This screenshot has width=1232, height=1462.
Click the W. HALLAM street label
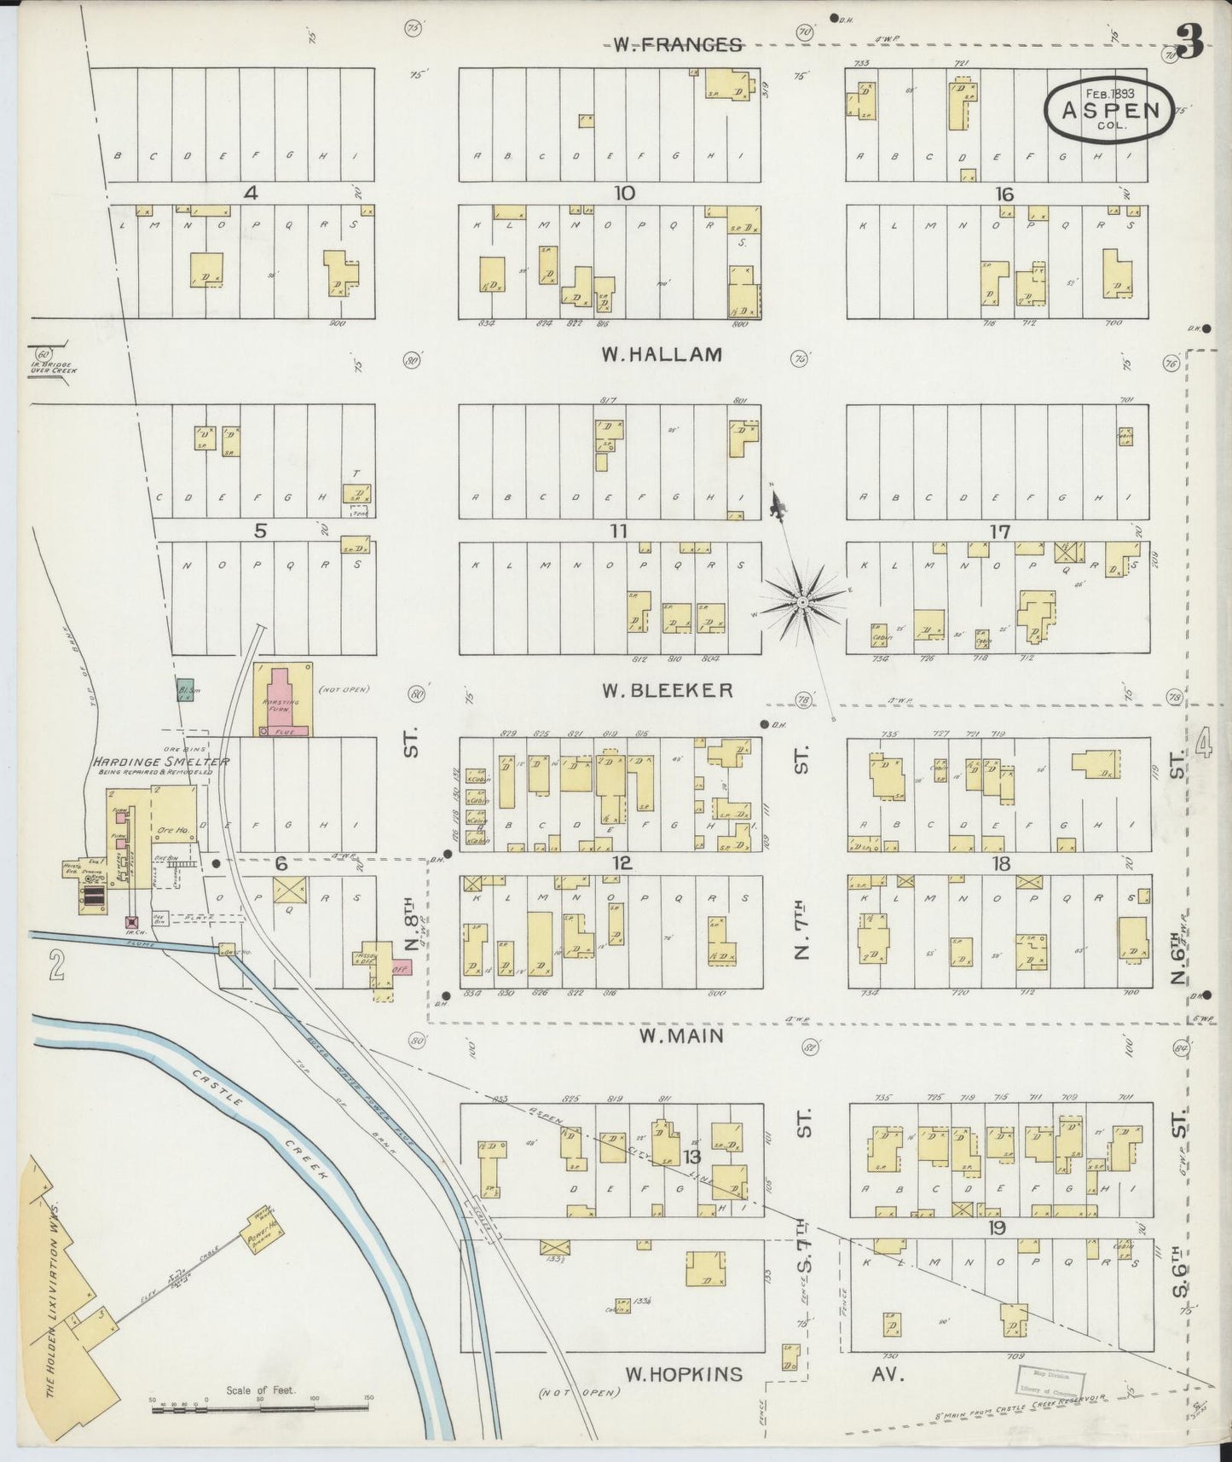click(662, 354)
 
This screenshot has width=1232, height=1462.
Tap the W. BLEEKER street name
click(667, 690)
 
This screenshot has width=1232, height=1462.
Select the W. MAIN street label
click(681, 1036)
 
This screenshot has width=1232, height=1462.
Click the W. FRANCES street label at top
click(677, 44)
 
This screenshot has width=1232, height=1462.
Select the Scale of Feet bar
click(260, 1409)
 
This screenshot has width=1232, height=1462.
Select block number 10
click(624, 194)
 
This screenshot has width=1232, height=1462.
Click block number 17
click(999, 531)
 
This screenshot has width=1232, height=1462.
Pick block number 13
click(691, 1156)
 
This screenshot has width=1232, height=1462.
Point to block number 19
click(997, 1228)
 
